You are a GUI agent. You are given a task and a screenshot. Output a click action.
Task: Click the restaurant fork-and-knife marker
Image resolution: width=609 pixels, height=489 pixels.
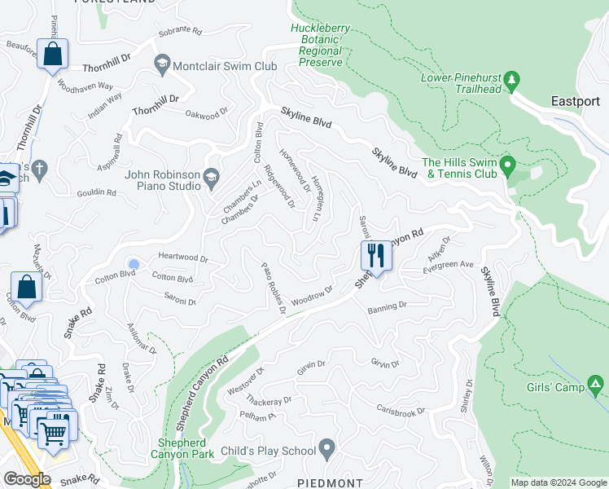[375, 254]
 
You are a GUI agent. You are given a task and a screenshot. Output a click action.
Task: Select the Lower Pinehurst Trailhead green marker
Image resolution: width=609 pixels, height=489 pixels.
[512, 79]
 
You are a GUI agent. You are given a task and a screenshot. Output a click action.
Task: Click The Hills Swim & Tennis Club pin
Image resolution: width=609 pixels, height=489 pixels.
[508, 168]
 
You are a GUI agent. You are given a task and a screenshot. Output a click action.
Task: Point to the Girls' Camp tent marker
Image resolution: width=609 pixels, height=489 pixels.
[596, 383]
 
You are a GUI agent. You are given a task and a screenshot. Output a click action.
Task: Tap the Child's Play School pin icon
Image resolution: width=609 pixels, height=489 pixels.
[327, 447]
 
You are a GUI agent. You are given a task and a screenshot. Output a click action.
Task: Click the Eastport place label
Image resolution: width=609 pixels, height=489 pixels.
[575, 102]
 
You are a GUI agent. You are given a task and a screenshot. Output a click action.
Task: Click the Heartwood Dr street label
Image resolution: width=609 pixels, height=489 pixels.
[183, 258]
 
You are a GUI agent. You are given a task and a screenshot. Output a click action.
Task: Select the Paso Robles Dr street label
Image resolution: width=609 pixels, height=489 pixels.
[273, 288]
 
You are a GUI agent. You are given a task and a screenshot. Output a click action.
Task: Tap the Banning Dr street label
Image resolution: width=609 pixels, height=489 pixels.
[386, 307]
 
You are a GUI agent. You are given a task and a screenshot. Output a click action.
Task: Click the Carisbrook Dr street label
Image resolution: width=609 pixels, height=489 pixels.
[401, 408]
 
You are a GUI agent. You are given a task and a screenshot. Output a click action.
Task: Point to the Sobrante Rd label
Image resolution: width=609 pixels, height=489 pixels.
[179, 29]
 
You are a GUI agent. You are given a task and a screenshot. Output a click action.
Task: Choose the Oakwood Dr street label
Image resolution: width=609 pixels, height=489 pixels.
[207, 115]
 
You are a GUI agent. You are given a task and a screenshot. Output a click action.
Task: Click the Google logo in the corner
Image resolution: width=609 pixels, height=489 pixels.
[27, 479]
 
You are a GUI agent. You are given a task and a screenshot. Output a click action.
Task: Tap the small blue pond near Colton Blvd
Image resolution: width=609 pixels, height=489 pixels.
[134, 264]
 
